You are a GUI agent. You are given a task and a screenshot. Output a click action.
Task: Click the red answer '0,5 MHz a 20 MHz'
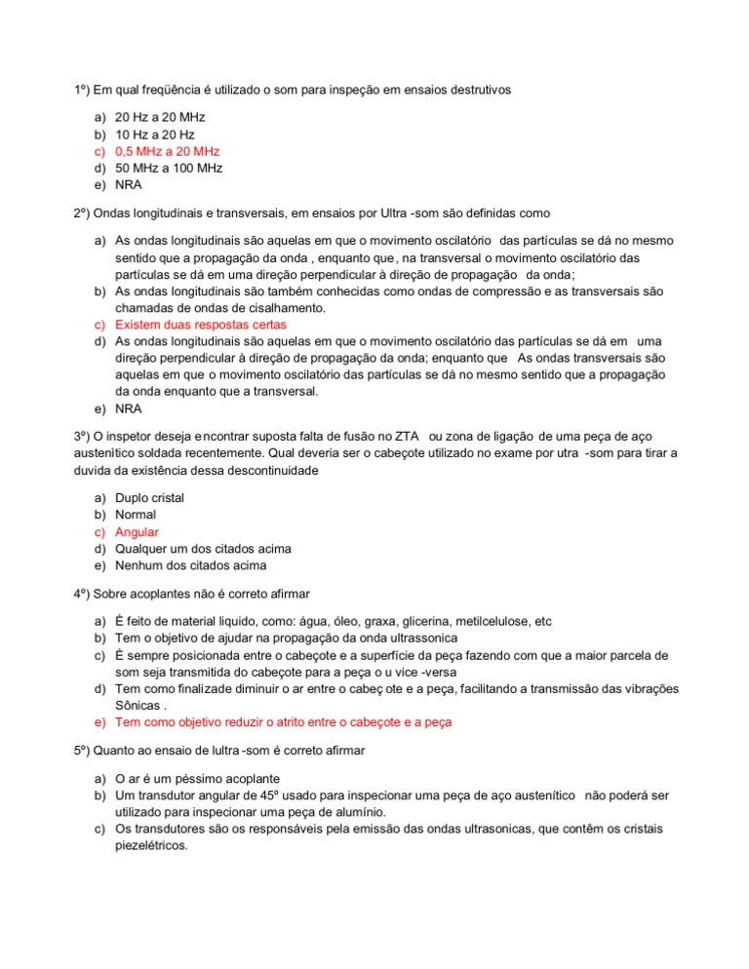(167, 151)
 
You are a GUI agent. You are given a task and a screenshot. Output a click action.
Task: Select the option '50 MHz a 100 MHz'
(169, 168)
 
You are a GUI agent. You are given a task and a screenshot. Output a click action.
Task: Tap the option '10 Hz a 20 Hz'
(154, 135)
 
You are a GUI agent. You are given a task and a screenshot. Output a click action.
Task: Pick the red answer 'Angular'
(137, 532)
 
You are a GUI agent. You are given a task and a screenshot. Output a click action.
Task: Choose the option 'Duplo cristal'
(149, 498)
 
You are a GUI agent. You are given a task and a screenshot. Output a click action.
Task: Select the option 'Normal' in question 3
(136, 515)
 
